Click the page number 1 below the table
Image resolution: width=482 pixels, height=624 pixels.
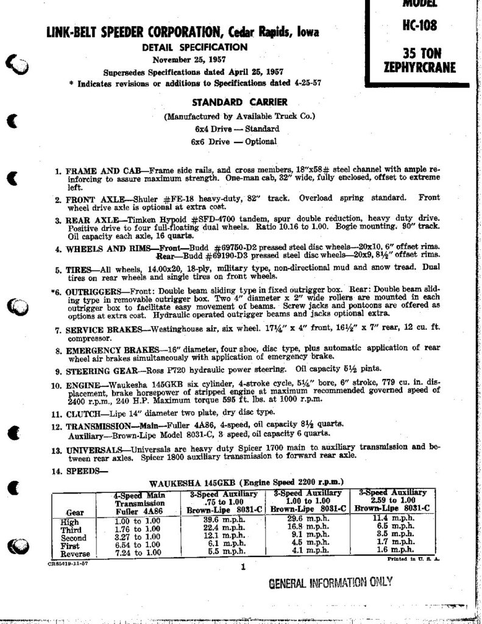point(242,568)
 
